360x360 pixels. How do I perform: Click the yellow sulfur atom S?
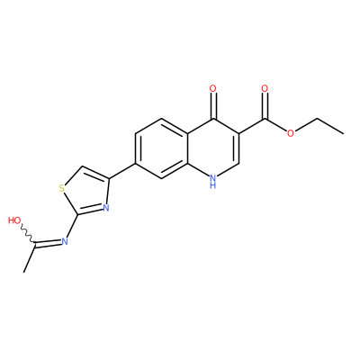62,188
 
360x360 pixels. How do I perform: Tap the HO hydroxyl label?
14,220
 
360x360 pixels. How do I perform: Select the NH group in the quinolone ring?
212,182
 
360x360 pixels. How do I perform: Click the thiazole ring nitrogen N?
105,208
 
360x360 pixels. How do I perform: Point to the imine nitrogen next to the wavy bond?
64,241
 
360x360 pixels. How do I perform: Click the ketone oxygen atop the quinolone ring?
212,88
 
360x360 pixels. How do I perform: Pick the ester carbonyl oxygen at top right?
265,88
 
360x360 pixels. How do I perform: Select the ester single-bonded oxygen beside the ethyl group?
290,133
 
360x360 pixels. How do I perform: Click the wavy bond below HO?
28,235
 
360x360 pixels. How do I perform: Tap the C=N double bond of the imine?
48,244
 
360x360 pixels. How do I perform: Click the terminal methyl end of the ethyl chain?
343,133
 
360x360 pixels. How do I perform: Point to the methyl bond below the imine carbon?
30,259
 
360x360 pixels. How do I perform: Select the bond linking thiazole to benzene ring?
122,171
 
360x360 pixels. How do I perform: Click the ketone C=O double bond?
212,105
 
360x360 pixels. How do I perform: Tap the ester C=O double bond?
265,105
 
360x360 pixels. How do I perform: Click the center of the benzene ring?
162,148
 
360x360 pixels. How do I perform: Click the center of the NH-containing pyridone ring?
213,148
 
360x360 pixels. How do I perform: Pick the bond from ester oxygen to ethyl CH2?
306,126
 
